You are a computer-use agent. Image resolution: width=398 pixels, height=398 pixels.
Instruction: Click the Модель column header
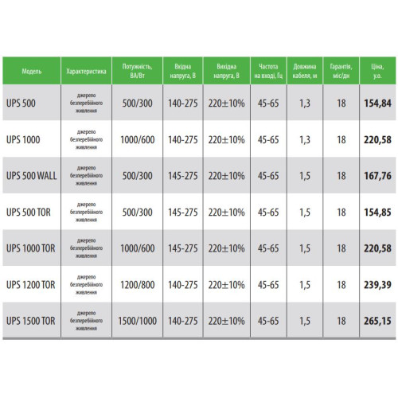[x=32, y=71]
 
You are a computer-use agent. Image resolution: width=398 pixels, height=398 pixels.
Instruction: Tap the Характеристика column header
[x=86, y=71]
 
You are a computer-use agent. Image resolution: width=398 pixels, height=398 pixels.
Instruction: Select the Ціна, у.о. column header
[x=377, y=71]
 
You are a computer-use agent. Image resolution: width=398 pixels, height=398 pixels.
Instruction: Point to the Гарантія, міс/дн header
[x=341, y=71]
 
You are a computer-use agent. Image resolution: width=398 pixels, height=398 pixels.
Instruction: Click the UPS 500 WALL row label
[x=32, y=176]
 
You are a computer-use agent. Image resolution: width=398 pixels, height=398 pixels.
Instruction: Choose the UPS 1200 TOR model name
[x=31, y=285]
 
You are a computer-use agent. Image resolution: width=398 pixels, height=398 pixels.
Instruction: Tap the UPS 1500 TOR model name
[x=31, y=321]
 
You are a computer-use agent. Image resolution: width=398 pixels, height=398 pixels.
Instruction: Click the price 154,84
[x=377, y=103]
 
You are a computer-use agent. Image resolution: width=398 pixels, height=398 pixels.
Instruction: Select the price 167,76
[x=377, y=176]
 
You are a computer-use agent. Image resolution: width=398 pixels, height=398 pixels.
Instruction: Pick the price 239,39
[x=377, y=285]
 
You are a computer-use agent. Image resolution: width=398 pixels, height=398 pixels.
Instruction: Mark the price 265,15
[x=377, y=321]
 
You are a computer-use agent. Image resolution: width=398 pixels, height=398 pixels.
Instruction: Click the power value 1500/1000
[x=138, y=321]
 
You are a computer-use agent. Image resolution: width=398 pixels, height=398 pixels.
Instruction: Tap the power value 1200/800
[x=138, y=285]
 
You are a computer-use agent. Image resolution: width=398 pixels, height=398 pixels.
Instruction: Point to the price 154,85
[x=377, y=213]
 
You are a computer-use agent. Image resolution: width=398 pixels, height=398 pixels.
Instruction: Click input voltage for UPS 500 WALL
[x=183, y=176]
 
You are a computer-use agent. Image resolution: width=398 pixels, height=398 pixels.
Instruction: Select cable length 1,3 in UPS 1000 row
[x=305, y=139]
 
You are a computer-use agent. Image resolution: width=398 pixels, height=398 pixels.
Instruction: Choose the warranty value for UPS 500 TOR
[x=341, y=213]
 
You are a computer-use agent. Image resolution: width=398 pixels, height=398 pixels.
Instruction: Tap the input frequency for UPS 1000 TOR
[x=268, y=248]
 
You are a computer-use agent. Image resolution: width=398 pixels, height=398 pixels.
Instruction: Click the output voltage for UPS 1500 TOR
[x=226, y=321]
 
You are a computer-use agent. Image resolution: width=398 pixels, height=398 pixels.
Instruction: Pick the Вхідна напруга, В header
[x=183, y=71]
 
